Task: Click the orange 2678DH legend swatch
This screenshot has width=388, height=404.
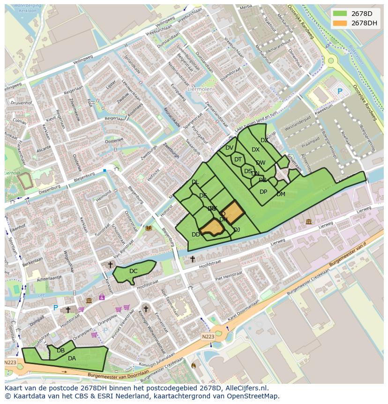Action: tap(341, 23)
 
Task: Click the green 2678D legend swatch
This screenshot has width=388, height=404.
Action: tap(341, 13)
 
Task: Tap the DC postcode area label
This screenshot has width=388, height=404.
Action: tap(134, 271)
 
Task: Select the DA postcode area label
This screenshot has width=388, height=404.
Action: tap(72, 358)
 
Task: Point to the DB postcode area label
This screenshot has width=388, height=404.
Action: tap(60, 351)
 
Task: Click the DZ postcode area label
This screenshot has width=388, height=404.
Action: tap(264, 140)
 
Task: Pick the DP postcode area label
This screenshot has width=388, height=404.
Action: tap(263, 192)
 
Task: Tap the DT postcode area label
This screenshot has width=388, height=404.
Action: tap(238, 160)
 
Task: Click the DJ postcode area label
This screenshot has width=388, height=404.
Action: tap(237, 230)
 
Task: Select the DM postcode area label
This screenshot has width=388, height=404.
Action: tap(281, 194)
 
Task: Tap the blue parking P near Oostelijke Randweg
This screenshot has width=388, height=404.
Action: tap(340, 91)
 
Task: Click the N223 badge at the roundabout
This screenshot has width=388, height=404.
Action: tap(208, 336)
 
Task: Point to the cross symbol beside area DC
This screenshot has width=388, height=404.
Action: tap(110, 265)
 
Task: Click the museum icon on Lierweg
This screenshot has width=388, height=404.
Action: tap(308, 221)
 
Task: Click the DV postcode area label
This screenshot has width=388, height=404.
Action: tap(229, 148)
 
